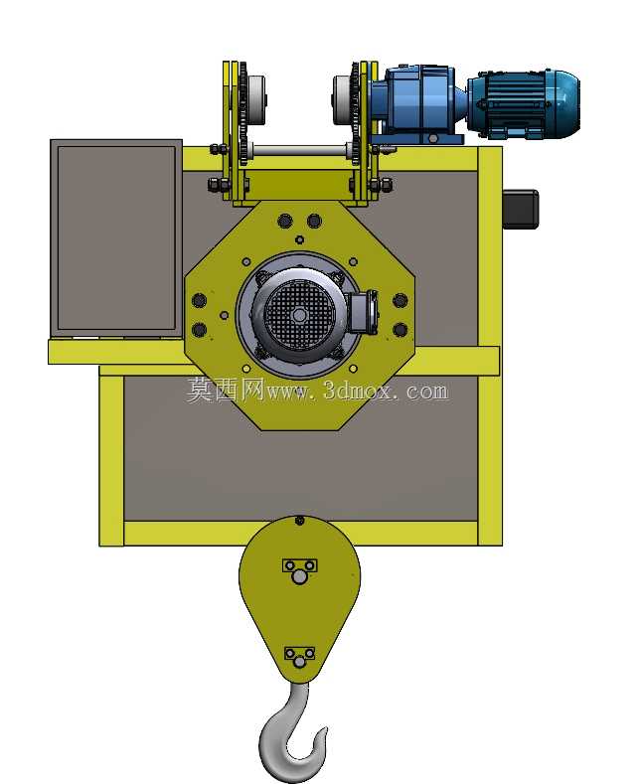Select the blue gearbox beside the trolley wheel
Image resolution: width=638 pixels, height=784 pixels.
416,102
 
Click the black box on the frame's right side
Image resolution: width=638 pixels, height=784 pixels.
520,209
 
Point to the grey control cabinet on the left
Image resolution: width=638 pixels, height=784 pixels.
116,238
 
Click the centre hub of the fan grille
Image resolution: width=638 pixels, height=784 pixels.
299,315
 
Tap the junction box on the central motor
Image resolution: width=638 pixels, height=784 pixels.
362,311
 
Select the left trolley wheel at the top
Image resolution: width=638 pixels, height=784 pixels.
255,99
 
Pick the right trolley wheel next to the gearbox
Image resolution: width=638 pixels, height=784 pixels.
343,100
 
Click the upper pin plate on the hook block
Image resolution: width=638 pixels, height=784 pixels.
299,566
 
